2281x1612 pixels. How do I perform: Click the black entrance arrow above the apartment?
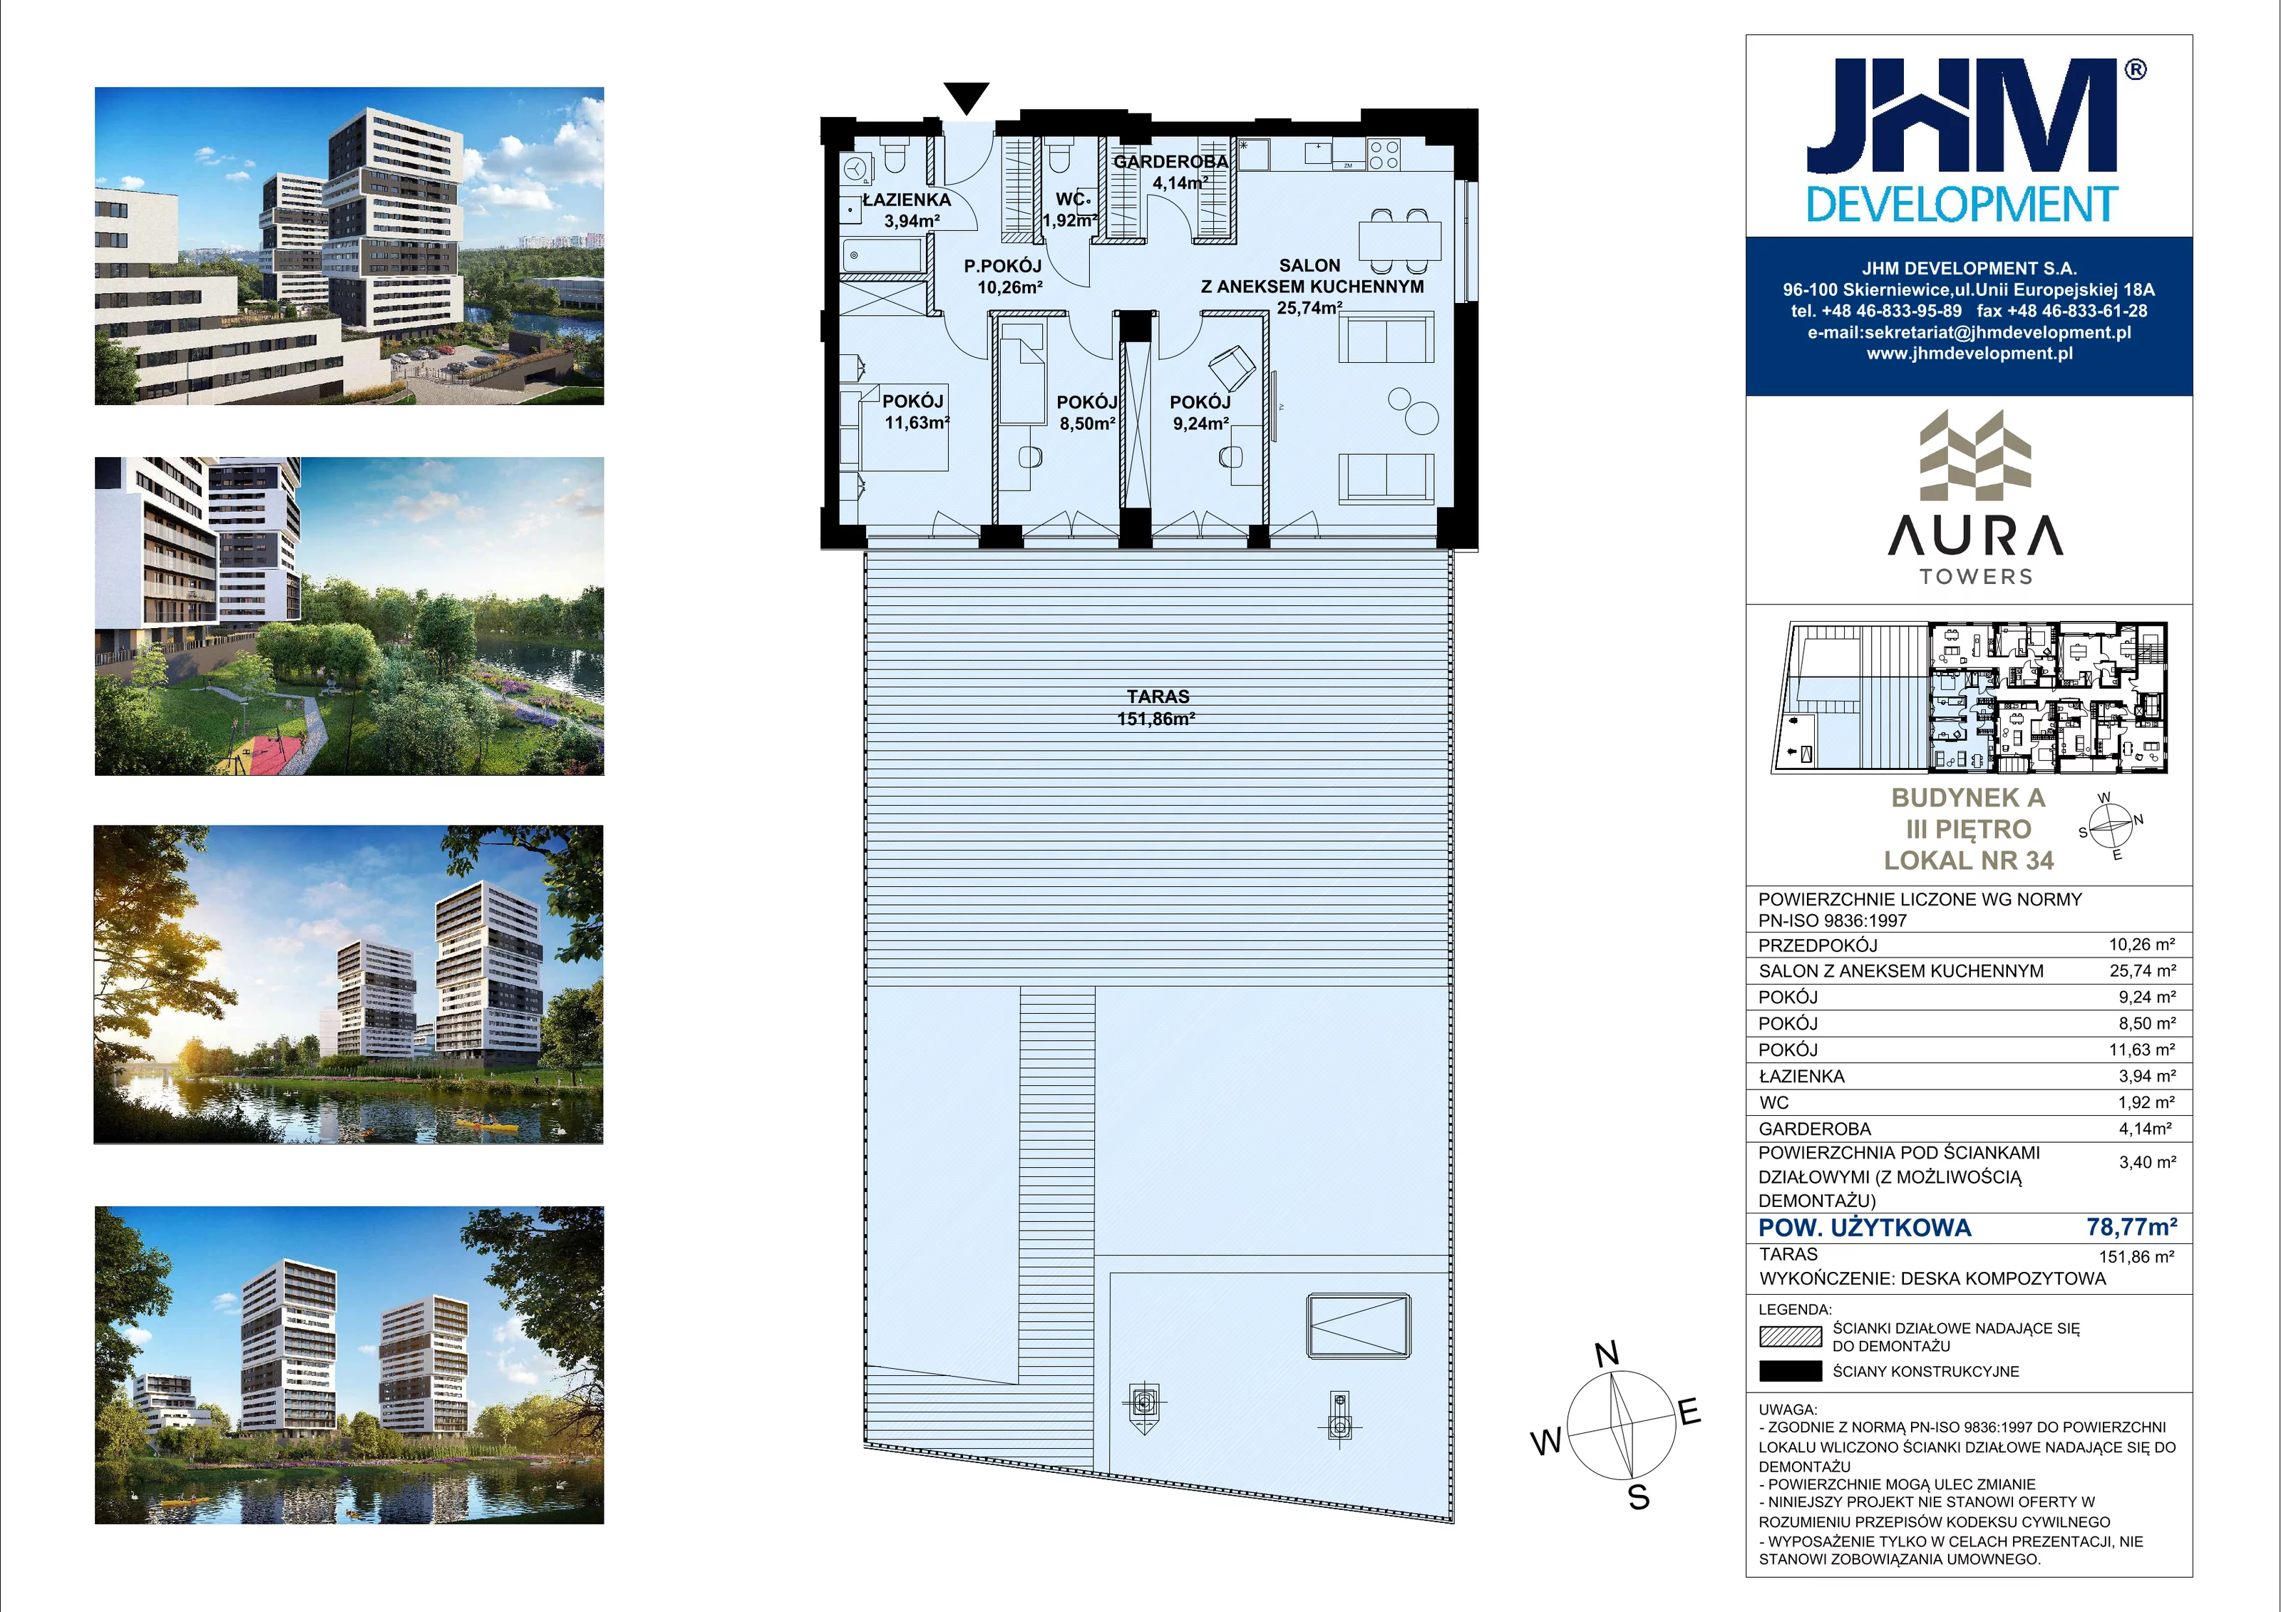[x=967, y=98]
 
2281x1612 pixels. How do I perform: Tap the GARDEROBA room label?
[x=1170, y=161]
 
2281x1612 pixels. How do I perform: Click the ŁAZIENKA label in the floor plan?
[x=906, y=200]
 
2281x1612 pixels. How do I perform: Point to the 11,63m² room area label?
[x=917, y=422]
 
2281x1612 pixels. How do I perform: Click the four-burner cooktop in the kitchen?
[x=1383, y=154]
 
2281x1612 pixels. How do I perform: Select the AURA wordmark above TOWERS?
[x=1974, y=537]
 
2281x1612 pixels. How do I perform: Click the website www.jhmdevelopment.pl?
[x=1969, y=354]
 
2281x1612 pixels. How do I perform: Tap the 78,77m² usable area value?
[x=2131, y=1228]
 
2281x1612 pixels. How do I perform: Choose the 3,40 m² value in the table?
[x=2147, y=1162]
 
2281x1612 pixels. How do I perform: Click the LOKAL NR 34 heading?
[x=1968, y=861]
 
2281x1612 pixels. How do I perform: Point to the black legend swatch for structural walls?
[x=1790, y=1372]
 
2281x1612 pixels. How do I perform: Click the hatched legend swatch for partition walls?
[x=1790, y=1337]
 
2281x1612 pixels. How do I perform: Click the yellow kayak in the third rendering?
[x=487, y=1125]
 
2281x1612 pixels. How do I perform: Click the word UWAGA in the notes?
[x=1787, y=1410]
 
